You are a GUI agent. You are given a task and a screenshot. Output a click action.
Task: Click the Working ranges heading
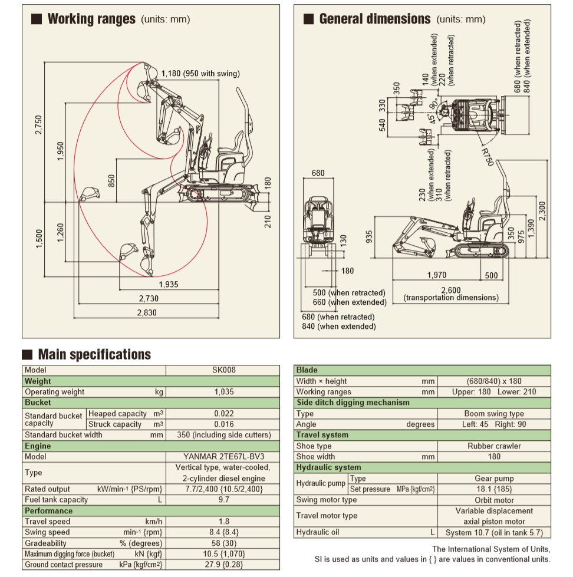click(x=91, y=19)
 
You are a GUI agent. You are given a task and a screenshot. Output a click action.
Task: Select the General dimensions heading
click(x=374, y=19)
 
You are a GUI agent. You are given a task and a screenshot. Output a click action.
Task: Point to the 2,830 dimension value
click(x=147, y=313)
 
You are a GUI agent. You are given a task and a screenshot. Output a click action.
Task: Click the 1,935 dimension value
click(x=168, y=284)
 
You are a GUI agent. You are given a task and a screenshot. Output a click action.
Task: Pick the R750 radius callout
click(x=486, y=156)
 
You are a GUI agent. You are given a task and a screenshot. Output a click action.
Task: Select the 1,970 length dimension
click(x=437, y=275)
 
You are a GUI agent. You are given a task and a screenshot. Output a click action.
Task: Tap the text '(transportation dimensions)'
click(x=451, y=298)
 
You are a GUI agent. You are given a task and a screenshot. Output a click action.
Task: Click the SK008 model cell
click(x=223, y=370)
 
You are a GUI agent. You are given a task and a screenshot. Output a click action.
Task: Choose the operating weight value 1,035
click(x=223, y=392)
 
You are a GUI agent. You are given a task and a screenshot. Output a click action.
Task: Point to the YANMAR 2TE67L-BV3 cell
click(x=223, y=457)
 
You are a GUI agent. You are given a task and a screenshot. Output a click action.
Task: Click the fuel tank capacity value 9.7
click(x=223, y=500)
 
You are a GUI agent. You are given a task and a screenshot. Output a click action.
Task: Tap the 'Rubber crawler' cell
click(x=494, y=446)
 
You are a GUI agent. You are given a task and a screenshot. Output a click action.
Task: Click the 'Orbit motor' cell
click(x=494, y=500)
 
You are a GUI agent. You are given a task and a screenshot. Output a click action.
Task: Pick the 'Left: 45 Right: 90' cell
click(x=494, y=424)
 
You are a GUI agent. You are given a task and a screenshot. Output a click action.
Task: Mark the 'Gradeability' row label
click(x=46, y=543)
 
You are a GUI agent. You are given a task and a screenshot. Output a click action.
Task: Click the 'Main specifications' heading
click(x=94, y=354)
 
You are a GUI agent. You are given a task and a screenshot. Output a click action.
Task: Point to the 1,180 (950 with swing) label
click(x=201, y=74)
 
